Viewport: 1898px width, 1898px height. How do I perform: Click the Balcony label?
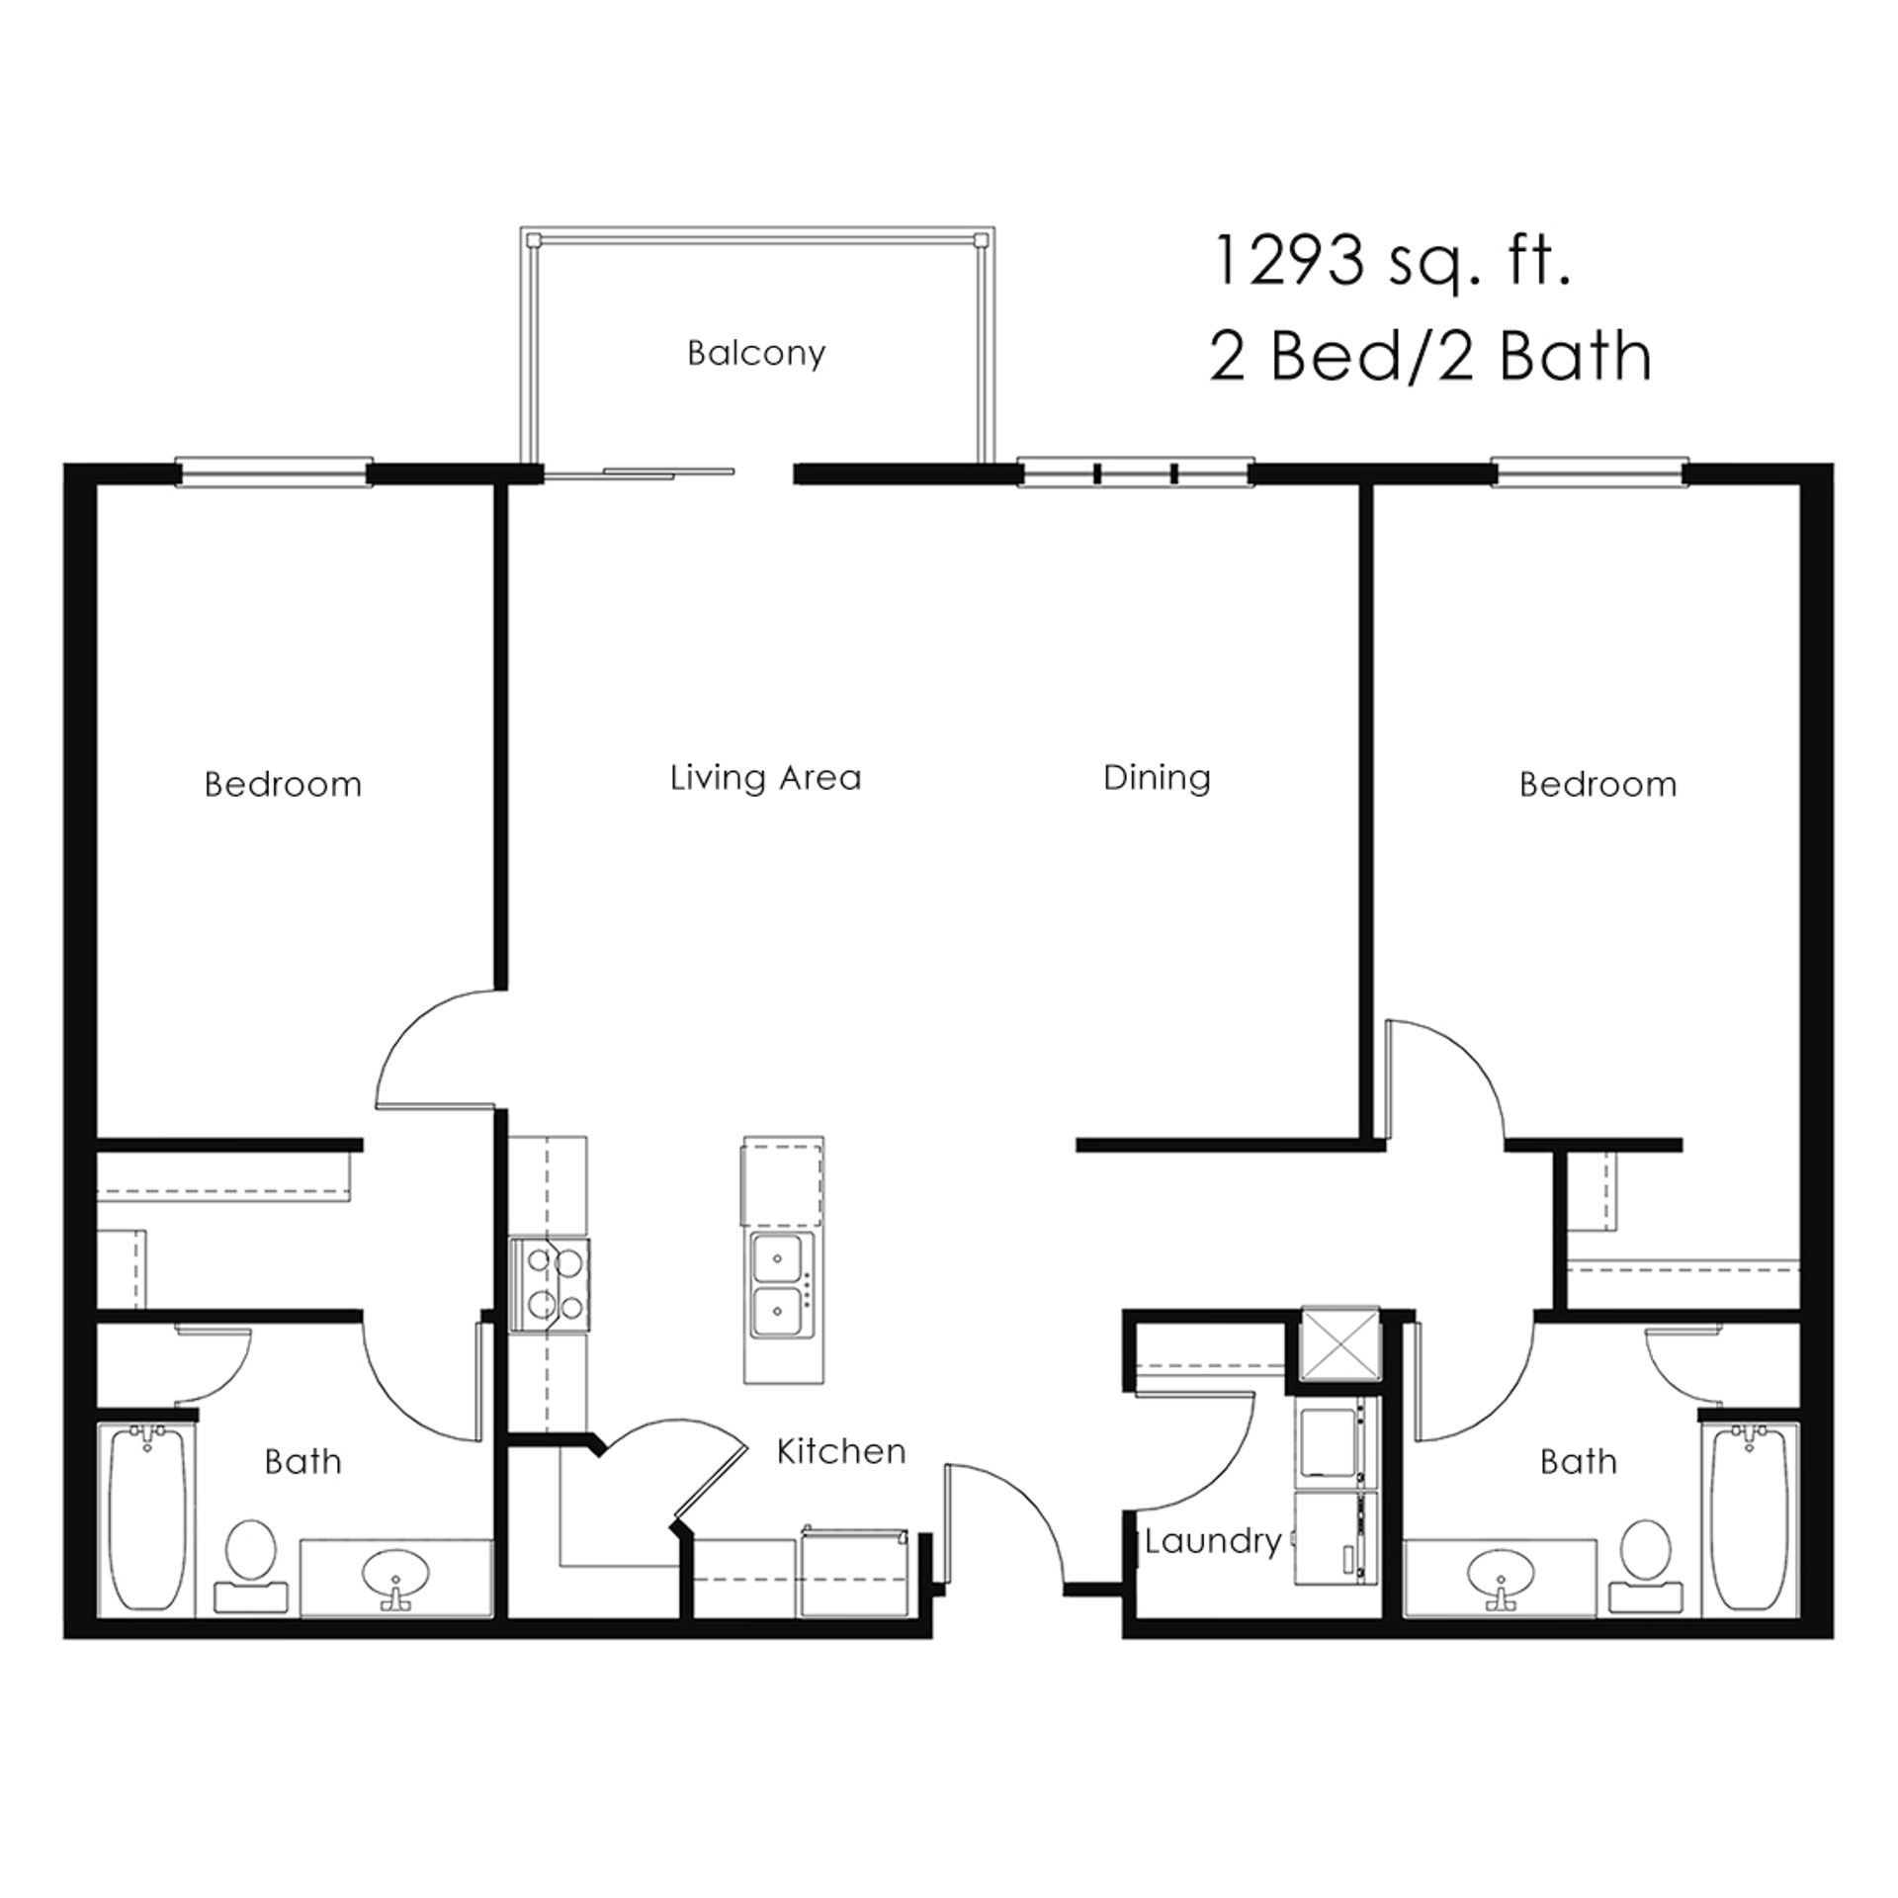pyautogui.click(x=756, y=353)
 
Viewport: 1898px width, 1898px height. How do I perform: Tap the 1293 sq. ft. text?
pyautogui.click(x=1391, y=263)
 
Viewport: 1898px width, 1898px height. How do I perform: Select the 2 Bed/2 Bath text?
pyautogui.click(x=1429, y=357)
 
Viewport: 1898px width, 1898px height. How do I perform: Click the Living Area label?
pyautogui.click(x=766, y=778)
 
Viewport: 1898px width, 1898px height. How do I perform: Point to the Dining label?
pyautogui.click(x=1157, y=778)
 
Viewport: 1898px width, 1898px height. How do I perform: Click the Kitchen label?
pyautogui.click(x=840, y=1451)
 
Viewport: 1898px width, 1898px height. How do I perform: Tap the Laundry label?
pyautogui.click(x=1213, y=1540)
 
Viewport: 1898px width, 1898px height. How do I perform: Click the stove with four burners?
pyautogui.click(x=550, y=1284)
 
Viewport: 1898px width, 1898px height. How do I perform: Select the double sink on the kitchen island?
pyautogui.click(x=781, y=1285)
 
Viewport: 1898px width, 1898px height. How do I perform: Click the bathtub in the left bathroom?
pyautogui.click(x=146, y=1517)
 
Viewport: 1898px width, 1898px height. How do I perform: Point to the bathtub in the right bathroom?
pyautogui.click(x=1750, y=1517)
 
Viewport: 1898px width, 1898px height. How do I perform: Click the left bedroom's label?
pyautogui.click(x=283, y=785)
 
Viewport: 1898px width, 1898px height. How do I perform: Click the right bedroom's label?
pyautogui.click(x=1597, y=785)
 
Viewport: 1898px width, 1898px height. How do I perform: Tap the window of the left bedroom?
pyautogui.click(x=274, y=473)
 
